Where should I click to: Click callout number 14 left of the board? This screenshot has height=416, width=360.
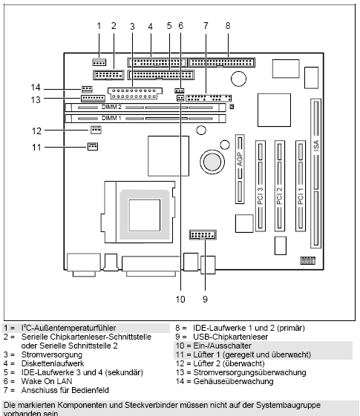35,87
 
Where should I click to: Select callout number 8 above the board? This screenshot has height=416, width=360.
227,26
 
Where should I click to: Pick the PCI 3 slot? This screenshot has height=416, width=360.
261,185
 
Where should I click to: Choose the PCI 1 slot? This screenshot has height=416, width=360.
300,185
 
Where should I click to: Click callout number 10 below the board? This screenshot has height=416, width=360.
180,300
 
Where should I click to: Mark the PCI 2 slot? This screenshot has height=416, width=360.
281,185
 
